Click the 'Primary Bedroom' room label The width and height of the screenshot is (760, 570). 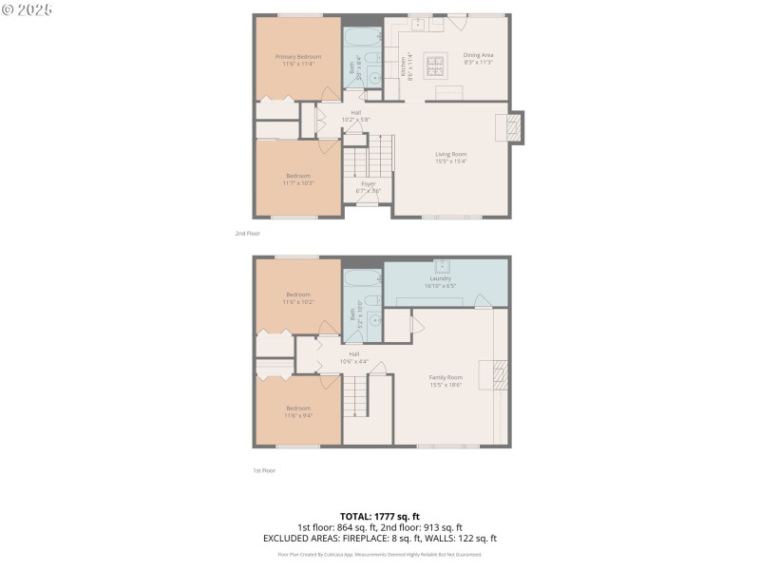298,57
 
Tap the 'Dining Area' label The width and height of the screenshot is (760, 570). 478,55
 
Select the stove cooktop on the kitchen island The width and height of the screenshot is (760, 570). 436,66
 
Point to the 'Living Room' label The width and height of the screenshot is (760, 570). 451,154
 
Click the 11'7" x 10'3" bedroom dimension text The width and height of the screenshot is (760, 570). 298,182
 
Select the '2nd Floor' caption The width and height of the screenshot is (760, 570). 248,233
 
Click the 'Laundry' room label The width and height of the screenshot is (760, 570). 440,278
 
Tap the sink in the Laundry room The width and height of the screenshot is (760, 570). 442,265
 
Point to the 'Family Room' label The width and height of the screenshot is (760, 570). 446,377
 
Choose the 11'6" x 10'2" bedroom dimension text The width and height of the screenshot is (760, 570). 298,301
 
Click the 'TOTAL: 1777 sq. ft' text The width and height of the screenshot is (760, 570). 380,516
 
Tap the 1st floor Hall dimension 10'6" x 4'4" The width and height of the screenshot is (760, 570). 354,361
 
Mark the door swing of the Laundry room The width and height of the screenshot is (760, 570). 484,302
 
